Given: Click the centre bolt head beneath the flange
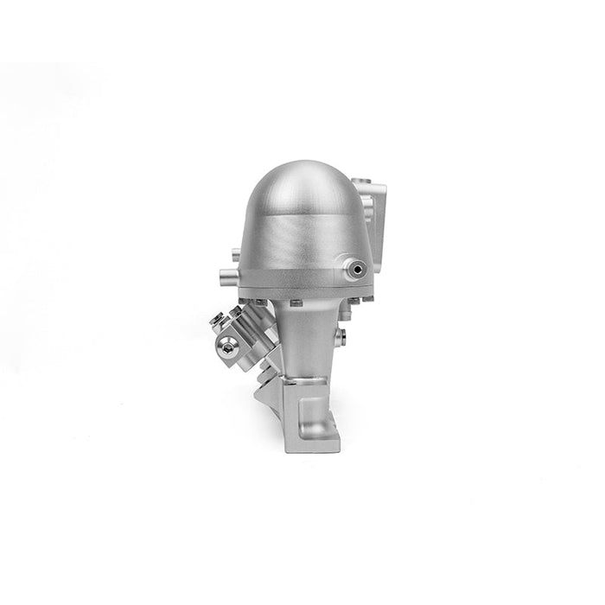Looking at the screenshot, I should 296,302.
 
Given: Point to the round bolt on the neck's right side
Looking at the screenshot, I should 345,332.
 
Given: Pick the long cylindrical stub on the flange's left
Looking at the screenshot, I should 225,276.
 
